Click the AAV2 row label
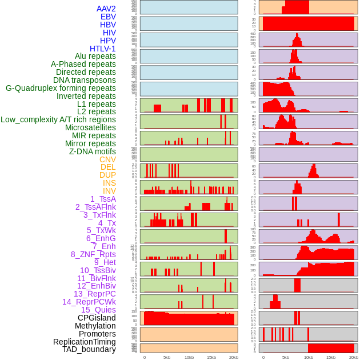(106, 9)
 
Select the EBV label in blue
(108, 17)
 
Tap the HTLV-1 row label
(102, 49)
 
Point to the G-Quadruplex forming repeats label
(61, 88)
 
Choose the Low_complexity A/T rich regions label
(58, 119)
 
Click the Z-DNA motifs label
(93, 151)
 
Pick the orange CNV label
(107, 159)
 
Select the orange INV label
(109, 191)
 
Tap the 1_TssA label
(103, 199)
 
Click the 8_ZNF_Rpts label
(93, 254)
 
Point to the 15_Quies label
(98, 310)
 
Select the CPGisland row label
(97, 318)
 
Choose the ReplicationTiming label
(84, 342)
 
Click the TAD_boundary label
(89, 349)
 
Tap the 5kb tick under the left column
(167, 357)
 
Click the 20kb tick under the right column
(353, 357)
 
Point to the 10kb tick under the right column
(308, 357)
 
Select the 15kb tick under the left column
(211, 357)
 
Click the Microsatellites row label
(90, 127)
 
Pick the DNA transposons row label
(85, 80)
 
